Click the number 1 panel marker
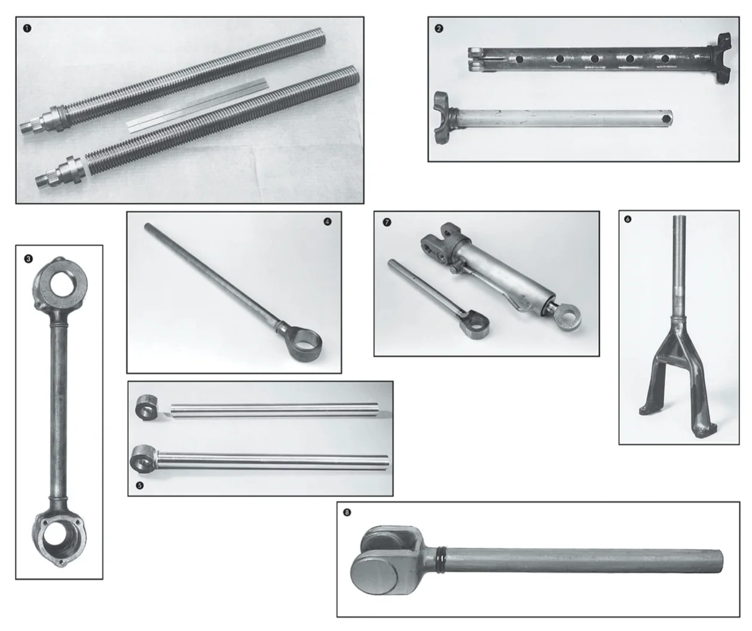(27, 29)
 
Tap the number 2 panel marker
(439, 29)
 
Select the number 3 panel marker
(28, 259)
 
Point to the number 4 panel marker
(327, 222)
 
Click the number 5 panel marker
(140, 486)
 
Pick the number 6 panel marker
(628, 219)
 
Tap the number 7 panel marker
(387, 222)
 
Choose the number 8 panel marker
(347, 512)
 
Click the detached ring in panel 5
(146, 408)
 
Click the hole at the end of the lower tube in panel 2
(667, 118)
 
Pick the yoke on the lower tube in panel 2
(443, 117)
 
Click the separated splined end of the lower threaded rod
(60, 171)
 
